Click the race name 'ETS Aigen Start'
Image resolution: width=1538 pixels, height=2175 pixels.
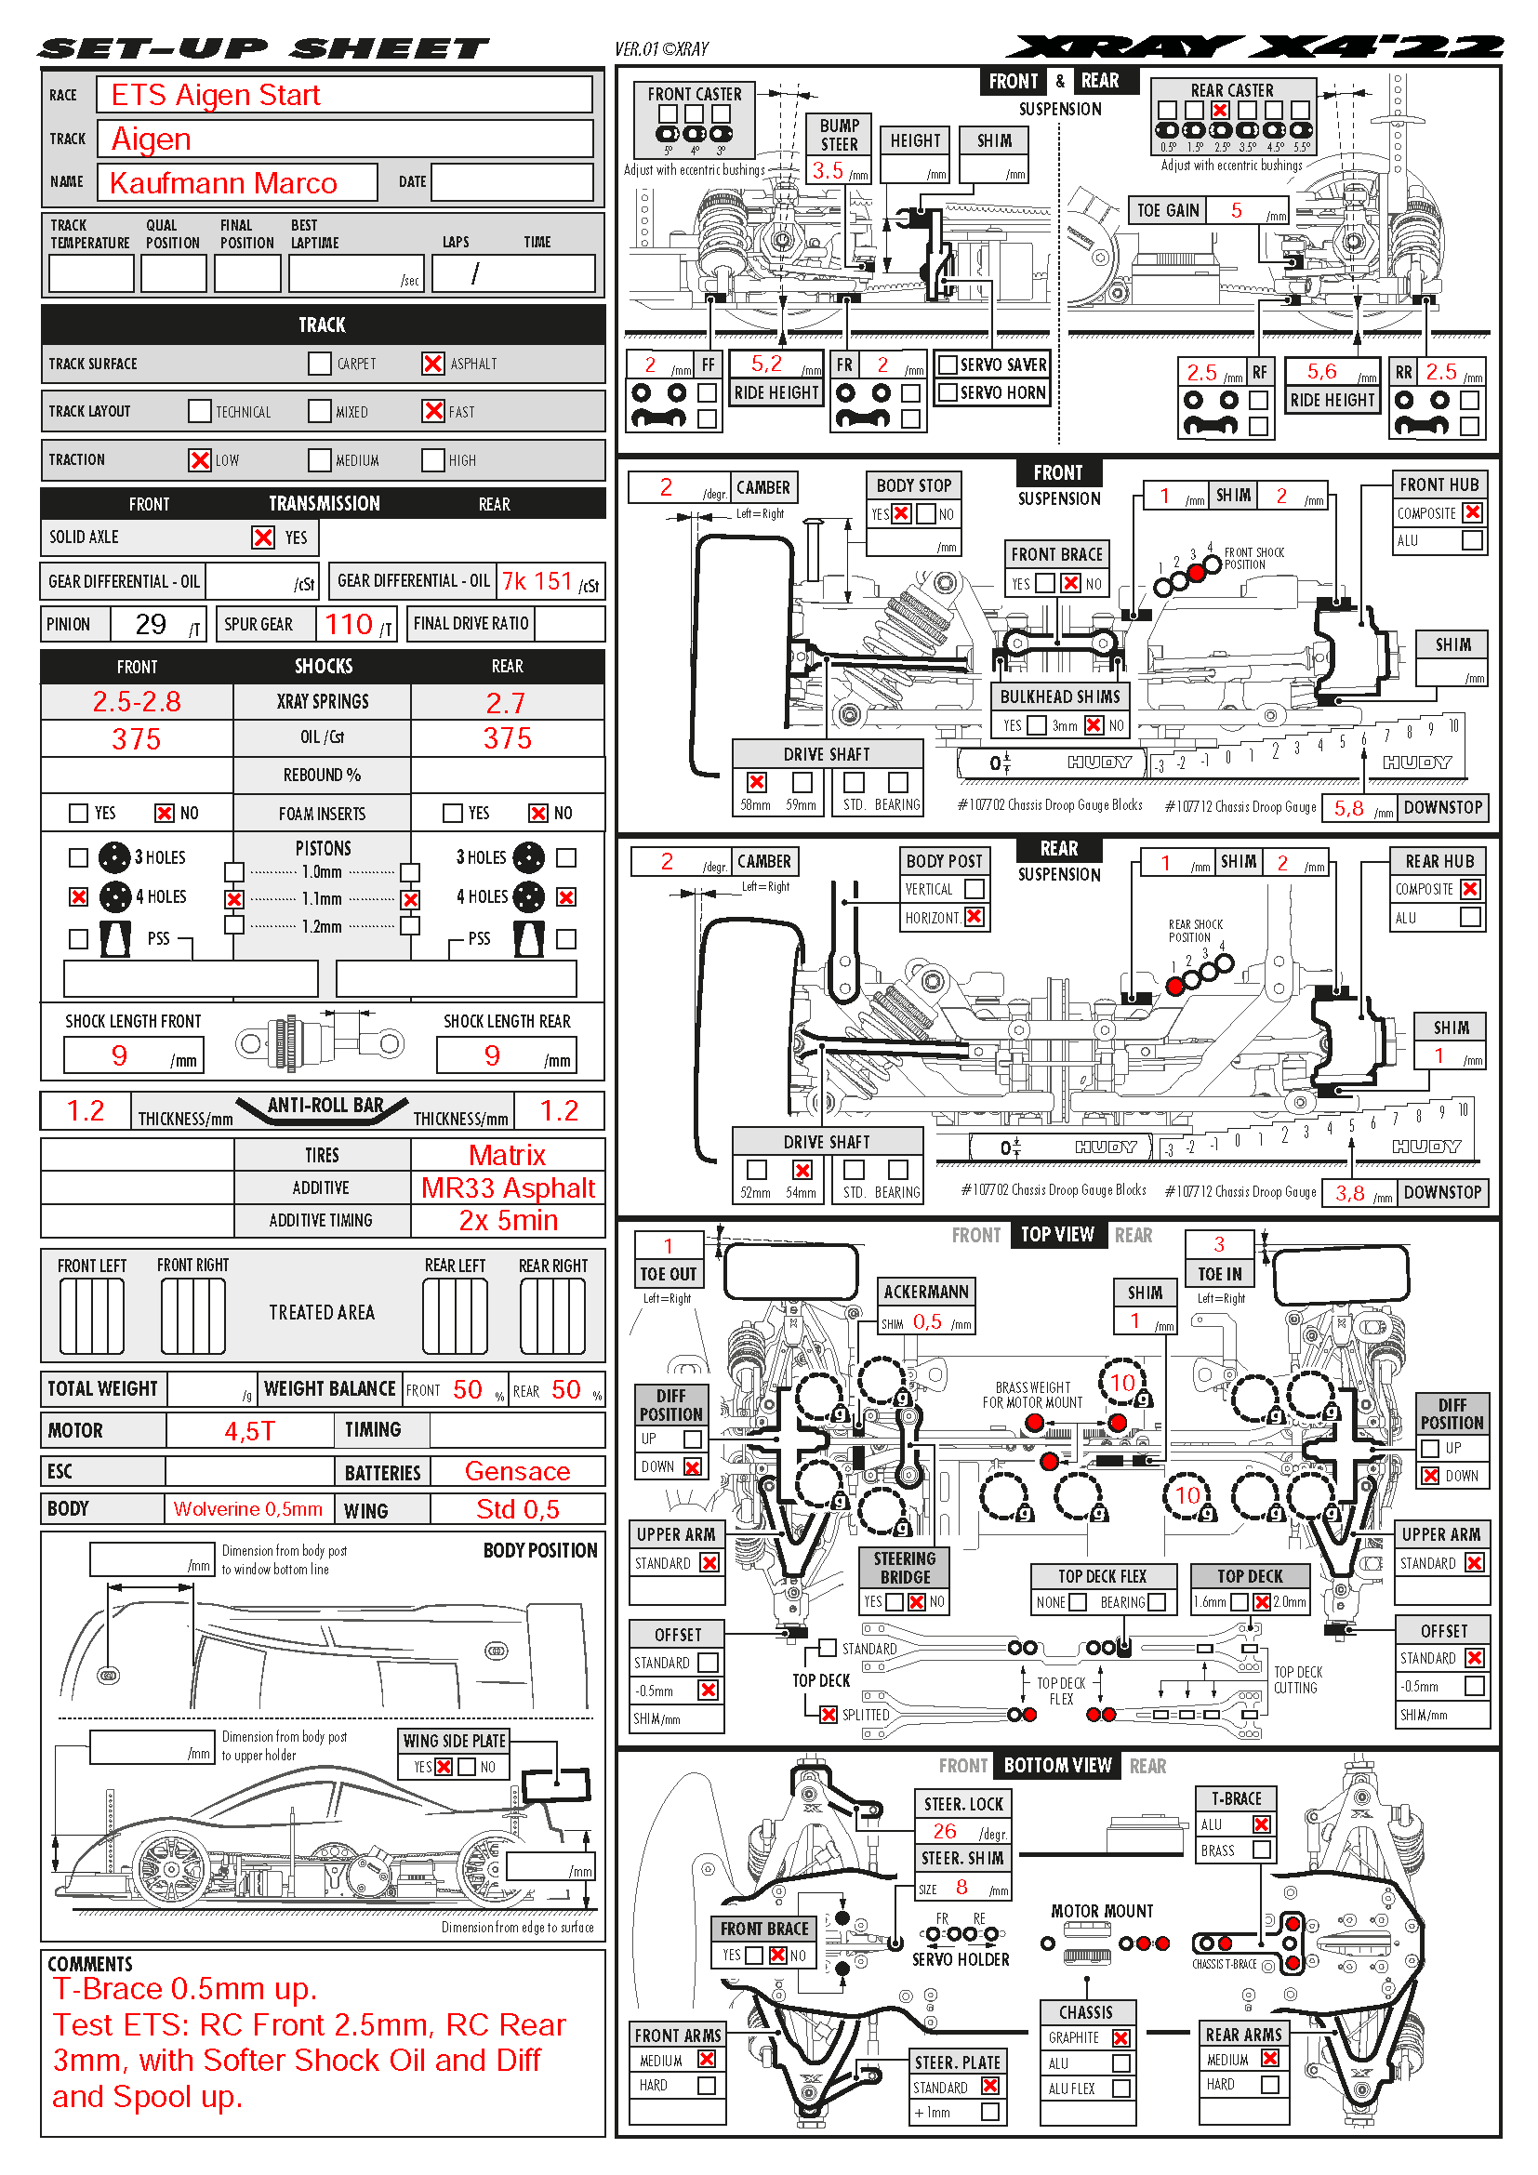point(216,96)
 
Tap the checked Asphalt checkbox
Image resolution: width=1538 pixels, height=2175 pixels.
point(432,364)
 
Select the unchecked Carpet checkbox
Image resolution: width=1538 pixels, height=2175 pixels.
point(319,364)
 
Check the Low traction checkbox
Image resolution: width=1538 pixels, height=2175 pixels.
point(199,460)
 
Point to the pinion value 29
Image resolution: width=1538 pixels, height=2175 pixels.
point(151,624)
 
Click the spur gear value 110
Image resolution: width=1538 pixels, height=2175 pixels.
point(349,624)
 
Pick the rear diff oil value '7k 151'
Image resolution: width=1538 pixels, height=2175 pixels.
point(537,581)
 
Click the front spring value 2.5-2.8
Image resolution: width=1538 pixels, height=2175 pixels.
point(137,702)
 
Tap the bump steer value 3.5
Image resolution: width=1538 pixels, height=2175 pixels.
point(827,170)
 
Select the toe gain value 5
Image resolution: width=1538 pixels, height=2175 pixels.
point(1236,210)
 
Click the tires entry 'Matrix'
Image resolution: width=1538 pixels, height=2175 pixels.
point(507,1156)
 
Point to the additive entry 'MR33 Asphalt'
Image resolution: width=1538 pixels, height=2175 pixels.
point(508,1187)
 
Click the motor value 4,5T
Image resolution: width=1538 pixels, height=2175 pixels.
point(249,1430)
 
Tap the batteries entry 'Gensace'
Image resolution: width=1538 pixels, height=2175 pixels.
point(517,1471)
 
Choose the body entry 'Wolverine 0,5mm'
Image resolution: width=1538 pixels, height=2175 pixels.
point(247,1509)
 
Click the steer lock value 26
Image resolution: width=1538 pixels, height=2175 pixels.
point(944,1832)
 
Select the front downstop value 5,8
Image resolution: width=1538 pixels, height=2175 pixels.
point(1348,808)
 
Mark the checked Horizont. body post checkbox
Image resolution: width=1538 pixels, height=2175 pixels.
point(974,917)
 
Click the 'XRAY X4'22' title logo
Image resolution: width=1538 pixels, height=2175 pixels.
point(1253,47)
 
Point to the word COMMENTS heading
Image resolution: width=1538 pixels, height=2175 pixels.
point(90,1964)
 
